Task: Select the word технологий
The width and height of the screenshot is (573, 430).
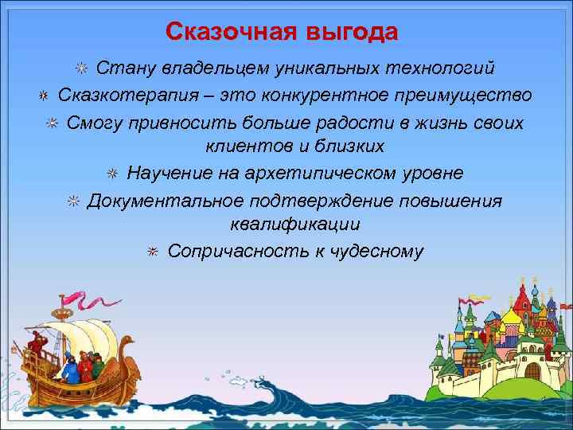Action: coord(431,68)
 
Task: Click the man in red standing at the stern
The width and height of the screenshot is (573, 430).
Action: coord(35,347)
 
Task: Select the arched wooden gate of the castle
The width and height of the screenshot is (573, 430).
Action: coord(532,369)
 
